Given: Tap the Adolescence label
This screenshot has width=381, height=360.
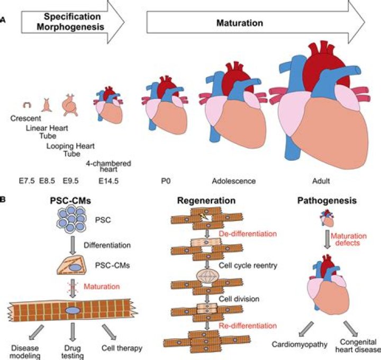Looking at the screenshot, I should click(233, 181).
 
